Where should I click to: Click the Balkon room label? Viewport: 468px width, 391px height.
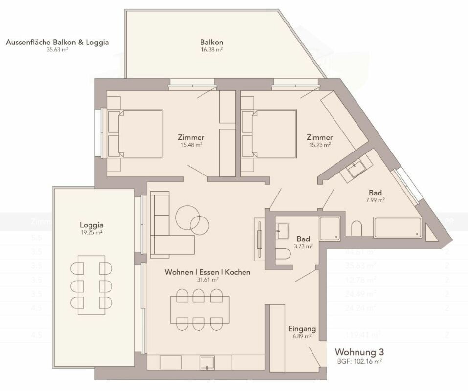[211, 42]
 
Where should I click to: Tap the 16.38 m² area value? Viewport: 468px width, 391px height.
[211, 49]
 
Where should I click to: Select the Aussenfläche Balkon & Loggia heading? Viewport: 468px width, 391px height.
[57, 42]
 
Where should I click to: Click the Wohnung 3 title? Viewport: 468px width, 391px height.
[359, 352]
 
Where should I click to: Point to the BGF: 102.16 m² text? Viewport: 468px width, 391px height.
[358, 362]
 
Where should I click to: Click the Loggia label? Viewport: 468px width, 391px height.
[91, 225]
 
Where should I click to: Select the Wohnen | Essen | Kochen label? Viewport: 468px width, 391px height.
[207, 272]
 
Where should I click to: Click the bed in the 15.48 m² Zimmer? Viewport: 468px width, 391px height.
[139, 134]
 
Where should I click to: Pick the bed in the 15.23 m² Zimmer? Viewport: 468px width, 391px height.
[273, 134]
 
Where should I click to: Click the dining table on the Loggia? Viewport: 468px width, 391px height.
[91, 284]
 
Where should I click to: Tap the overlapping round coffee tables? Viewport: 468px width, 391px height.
[191, 218]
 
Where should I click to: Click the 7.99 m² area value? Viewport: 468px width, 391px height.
[375, 200]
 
